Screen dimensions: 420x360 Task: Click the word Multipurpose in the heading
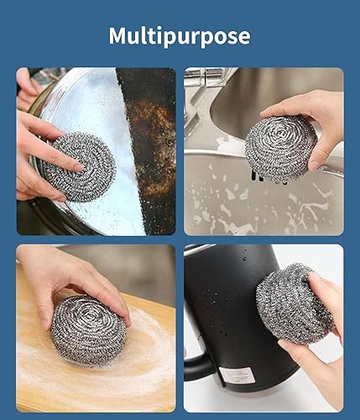pos(180,36)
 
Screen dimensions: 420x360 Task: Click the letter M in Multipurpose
pos(118,36)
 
